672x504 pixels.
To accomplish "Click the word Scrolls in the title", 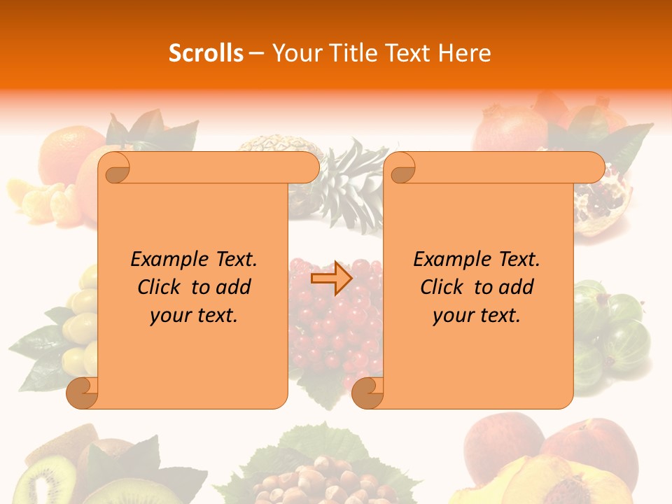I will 206,53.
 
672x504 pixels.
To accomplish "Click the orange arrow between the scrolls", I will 331,279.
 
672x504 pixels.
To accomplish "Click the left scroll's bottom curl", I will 83,393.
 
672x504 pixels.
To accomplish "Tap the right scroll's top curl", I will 402,169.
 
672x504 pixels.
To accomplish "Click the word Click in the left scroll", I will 160,287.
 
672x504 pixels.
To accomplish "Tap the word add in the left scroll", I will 233,287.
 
